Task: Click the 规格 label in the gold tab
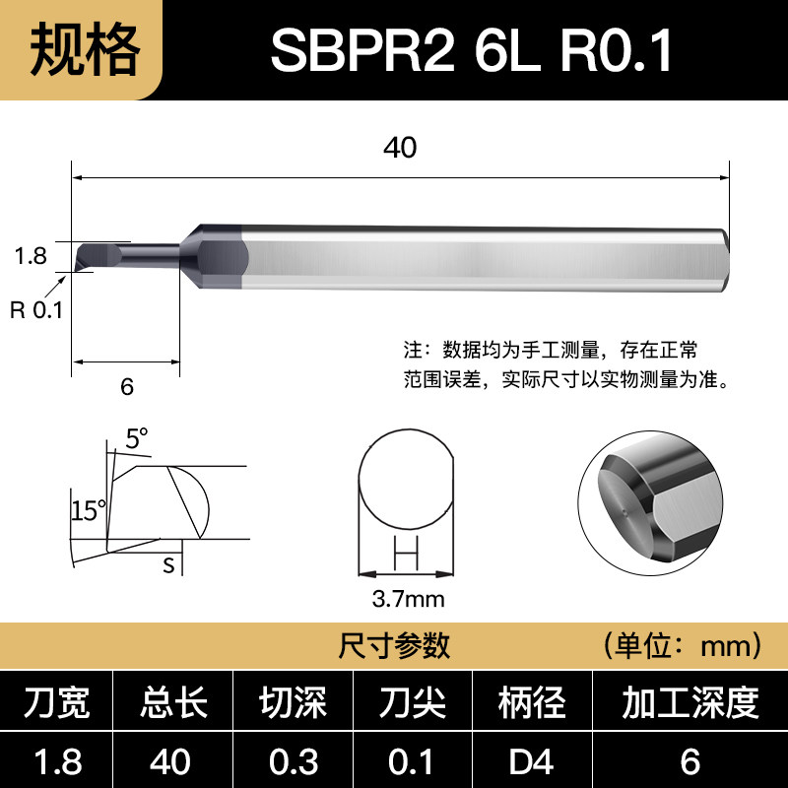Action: click(85, 50)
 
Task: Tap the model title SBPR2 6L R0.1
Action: click(472, 50)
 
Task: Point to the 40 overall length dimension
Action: click(400, 147)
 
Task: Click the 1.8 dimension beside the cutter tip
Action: click(31, 256)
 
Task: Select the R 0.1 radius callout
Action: click(36, 309)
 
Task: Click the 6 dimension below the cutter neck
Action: click(127, 386)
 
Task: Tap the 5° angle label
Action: click(136, 437)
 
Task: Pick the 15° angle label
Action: click(89, 510)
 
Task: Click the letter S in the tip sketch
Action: click(168, 565)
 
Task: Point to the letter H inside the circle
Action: click(406, 553)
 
